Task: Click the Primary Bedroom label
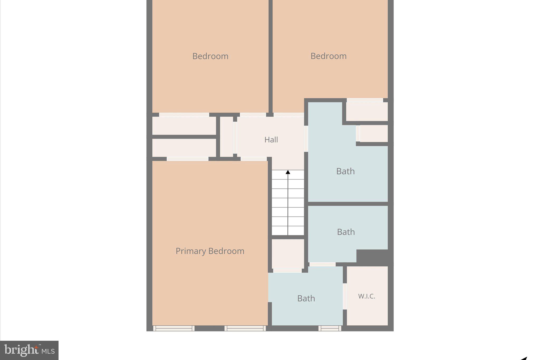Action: [210, 251]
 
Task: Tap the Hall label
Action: [271, 140]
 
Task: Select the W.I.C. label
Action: [367, 296]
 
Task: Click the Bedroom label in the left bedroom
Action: [210, 56]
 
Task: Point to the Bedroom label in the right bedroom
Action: [329, 56]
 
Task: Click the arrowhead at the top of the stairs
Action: [288, 172]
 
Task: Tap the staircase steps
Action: [288, 203]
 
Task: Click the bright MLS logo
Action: [29, 350]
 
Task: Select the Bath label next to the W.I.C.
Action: [306, 298]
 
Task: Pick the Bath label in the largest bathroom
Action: [345, 171]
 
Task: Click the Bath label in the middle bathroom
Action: [346, 232]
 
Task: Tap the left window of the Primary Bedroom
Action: [174, 328]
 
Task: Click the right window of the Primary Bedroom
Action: [245, 328]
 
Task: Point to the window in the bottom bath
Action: [330, 328]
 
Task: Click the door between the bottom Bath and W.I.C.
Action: [345, 296]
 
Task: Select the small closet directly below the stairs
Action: [288, 254]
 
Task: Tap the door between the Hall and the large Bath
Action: [306, 138]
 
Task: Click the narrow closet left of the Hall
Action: [226, 137]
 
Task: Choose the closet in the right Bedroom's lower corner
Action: [367, 111]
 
